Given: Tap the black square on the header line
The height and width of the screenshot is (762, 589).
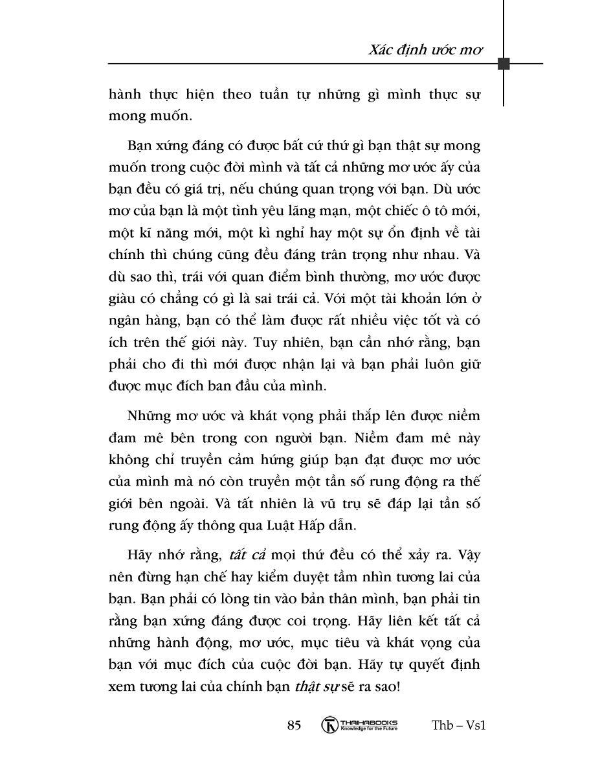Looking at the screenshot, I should click(x=504, y=63).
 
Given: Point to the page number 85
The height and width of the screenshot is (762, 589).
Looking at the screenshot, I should click(x=294, y=725).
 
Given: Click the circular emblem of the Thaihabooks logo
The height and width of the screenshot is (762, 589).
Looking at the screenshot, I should click(x=330, y=725).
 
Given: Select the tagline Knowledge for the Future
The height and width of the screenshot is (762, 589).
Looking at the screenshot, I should click(x=368, y=728).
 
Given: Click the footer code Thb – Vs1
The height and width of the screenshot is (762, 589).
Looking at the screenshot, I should click(x=458, y=725).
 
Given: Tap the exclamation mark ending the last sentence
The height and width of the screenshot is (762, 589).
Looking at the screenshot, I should click(x=398, y=687).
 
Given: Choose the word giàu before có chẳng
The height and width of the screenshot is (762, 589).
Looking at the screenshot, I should click(x=124, y=298).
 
